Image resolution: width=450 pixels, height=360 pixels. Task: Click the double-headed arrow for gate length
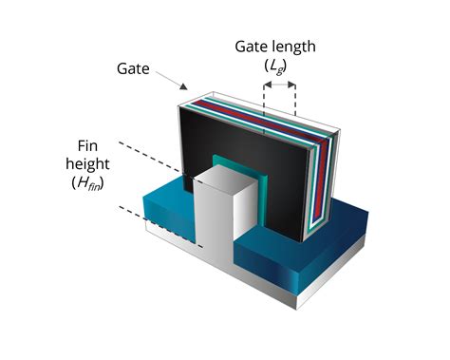279,84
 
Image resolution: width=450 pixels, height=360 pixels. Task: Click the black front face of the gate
237,142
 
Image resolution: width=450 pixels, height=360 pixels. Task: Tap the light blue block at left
161,209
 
